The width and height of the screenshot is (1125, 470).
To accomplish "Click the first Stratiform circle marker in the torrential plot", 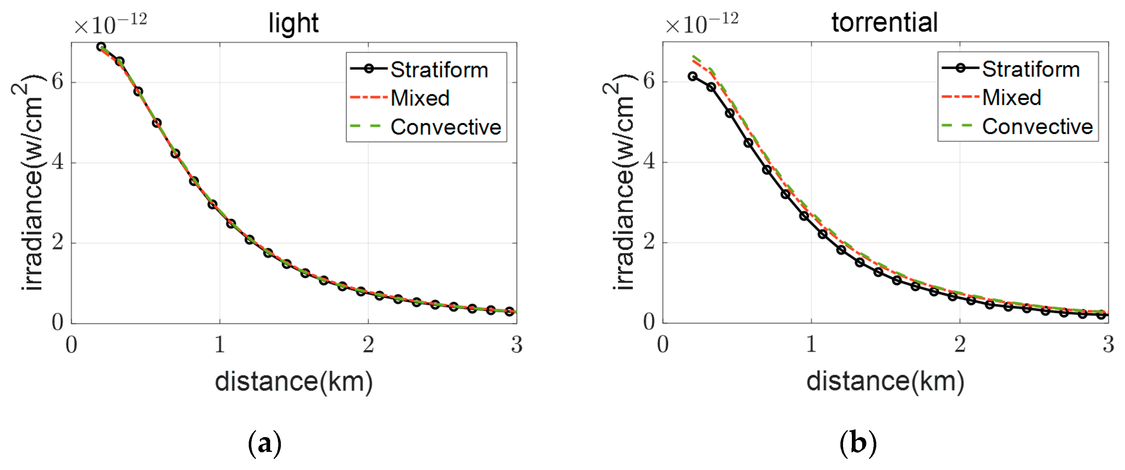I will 692,76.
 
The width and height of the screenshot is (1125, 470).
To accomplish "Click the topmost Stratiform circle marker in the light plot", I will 101,46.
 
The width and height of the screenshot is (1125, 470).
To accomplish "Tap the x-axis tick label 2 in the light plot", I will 368,345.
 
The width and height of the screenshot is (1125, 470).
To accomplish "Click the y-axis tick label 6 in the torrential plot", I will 649,81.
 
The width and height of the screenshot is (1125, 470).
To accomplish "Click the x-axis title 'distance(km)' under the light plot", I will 293,382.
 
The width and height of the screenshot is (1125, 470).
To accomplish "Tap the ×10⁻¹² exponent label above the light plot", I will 110,24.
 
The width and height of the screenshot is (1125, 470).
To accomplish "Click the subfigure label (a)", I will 264,444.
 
